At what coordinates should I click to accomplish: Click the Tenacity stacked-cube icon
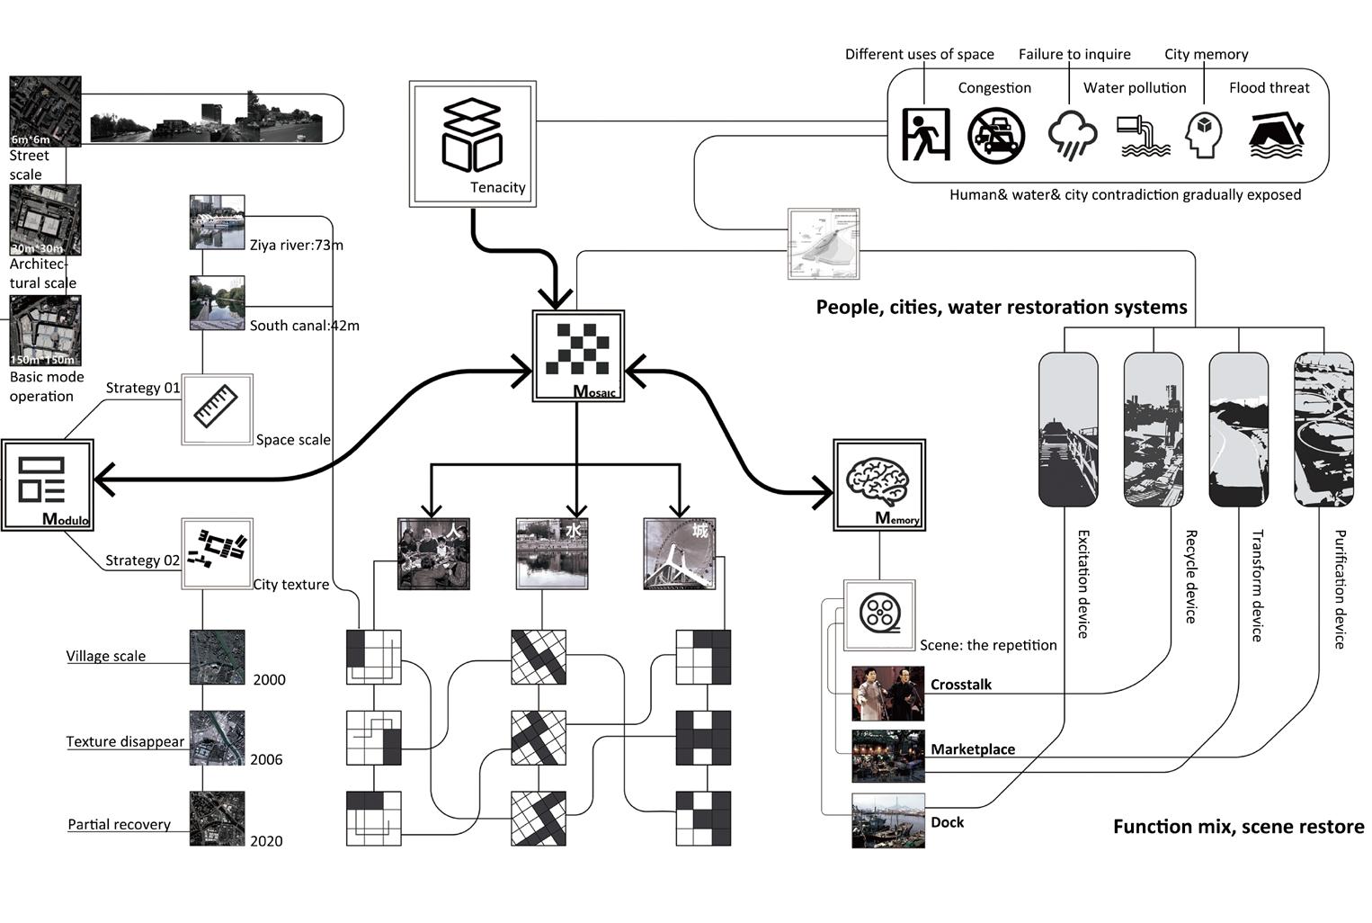[471, 135]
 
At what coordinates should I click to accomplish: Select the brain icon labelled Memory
[878, 482]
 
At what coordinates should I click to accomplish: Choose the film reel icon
[879, 614]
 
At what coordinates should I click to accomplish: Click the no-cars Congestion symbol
[995, 136]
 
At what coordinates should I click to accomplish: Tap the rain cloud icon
[1073, 135]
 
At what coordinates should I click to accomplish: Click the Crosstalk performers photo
[887, 694]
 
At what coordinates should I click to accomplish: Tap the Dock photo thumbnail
[887, 820]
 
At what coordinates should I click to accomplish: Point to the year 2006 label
[266, 759]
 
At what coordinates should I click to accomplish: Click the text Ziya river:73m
[297, 245]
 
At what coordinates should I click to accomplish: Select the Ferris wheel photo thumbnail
[680, 554]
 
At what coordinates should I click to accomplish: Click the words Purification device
[1340, 589]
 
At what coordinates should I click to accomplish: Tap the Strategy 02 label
[143, 560]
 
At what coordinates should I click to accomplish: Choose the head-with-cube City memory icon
[1204, 136]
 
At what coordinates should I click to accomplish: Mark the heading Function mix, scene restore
[1238, 827]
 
